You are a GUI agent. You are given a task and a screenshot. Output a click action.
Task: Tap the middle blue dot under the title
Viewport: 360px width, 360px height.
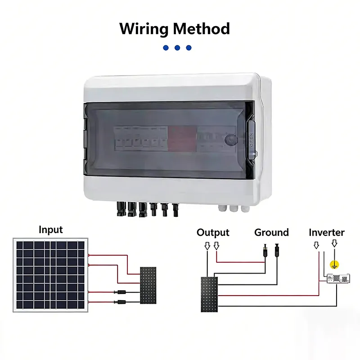pyautogui.click(x=177, y=48)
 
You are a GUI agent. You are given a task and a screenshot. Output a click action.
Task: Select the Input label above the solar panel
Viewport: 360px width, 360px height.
pyautogui.click(x=51, y=229)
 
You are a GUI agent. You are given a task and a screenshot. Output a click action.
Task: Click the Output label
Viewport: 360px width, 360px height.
pyautogui.click(x=213, y=233)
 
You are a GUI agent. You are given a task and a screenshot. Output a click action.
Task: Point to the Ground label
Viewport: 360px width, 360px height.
pyautogui.click(x=271, y=233)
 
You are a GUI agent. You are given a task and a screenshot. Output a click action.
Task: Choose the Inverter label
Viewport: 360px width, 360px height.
pyautogui.click(x=326, y=233)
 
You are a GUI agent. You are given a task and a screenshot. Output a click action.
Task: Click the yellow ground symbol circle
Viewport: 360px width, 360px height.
pyautogui.click(x=334, y=265)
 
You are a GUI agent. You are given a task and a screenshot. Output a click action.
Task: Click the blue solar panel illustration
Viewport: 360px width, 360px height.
pyautogui.click(x=50, y=274)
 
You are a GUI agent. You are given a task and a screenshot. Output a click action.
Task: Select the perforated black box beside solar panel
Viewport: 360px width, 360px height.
pyautogui.click(x=148, y=286)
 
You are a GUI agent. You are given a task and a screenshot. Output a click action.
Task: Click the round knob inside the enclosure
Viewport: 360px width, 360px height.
pyautogui.click(x=231, y=139)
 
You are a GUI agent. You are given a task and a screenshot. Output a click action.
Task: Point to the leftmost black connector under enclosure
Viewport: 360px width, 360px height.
pyautogui.click(x=121, y=208)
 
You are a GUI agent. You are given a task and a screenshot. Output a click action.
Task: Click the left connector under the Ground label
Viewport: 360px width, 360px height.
pyautogui.click(x=263, y=248)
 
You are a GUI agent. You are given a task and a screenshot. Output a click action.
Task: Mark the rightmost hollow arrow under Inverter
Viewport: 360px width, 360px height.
pyautogui.click(x=334, y=243)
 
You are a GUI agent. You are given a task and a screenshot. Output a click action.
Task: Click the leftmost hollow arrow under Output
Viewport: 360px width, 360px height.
pyautogui.click(x=207, y=246)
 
